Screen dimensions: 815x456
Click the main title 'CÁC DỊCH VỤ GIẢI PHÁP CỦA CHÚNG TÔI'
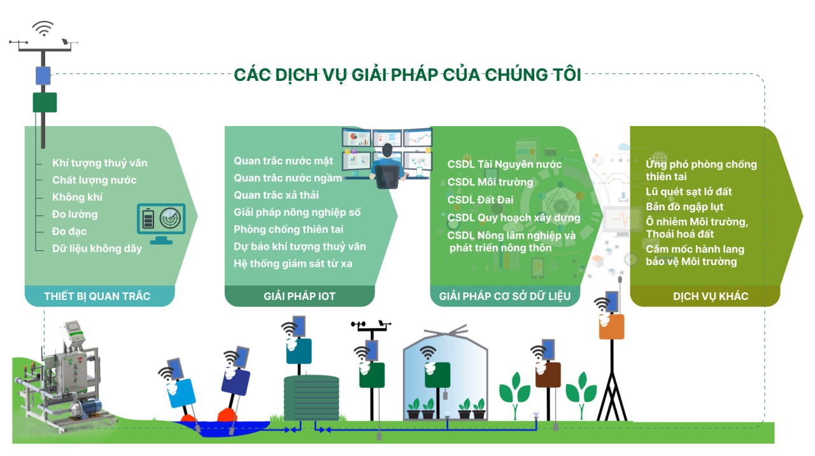(407, 75)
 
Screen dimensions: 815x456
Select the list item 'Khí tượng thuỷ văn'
(100, 163)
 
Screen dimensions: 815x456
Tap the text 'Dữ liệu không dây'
(97, 248)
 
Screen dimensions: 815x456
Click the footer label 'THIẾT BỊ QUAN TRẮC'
(97, 296)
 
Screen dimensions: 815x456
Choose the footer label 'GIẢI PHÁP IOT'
(299, 296)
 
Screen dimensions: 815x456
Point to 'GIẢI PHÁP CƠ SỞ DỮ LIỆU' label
(505, 296)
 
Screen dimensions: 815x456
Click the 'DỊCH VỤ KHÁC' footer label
(711, 296)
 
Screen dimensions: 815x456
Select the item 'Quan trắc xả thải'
(276, 195)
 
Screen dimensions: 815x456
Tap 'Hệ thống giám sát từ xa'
(293, 264)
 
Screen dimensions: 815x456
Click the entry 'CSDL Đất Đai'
(480, 200)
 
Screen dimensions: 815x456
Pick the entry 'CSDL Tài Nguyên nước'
(504, 164)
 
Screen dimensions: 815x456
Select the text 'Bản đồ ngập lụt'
(684, 207)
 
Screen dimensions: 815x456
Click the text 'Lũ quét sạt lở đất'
(688, 192)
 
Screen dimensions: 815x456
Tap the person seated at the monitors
(388, 166)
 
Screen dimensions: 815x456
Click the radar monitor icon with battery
(161, 223)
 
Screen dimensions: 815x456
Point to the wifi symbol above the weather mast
(43, 29)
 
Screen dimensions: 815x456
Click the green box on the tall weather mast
(45, 103)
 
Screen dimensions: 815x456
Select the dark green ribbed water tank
(311, 398)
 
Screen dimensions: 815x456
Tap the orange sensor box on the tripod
(612, 327)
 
